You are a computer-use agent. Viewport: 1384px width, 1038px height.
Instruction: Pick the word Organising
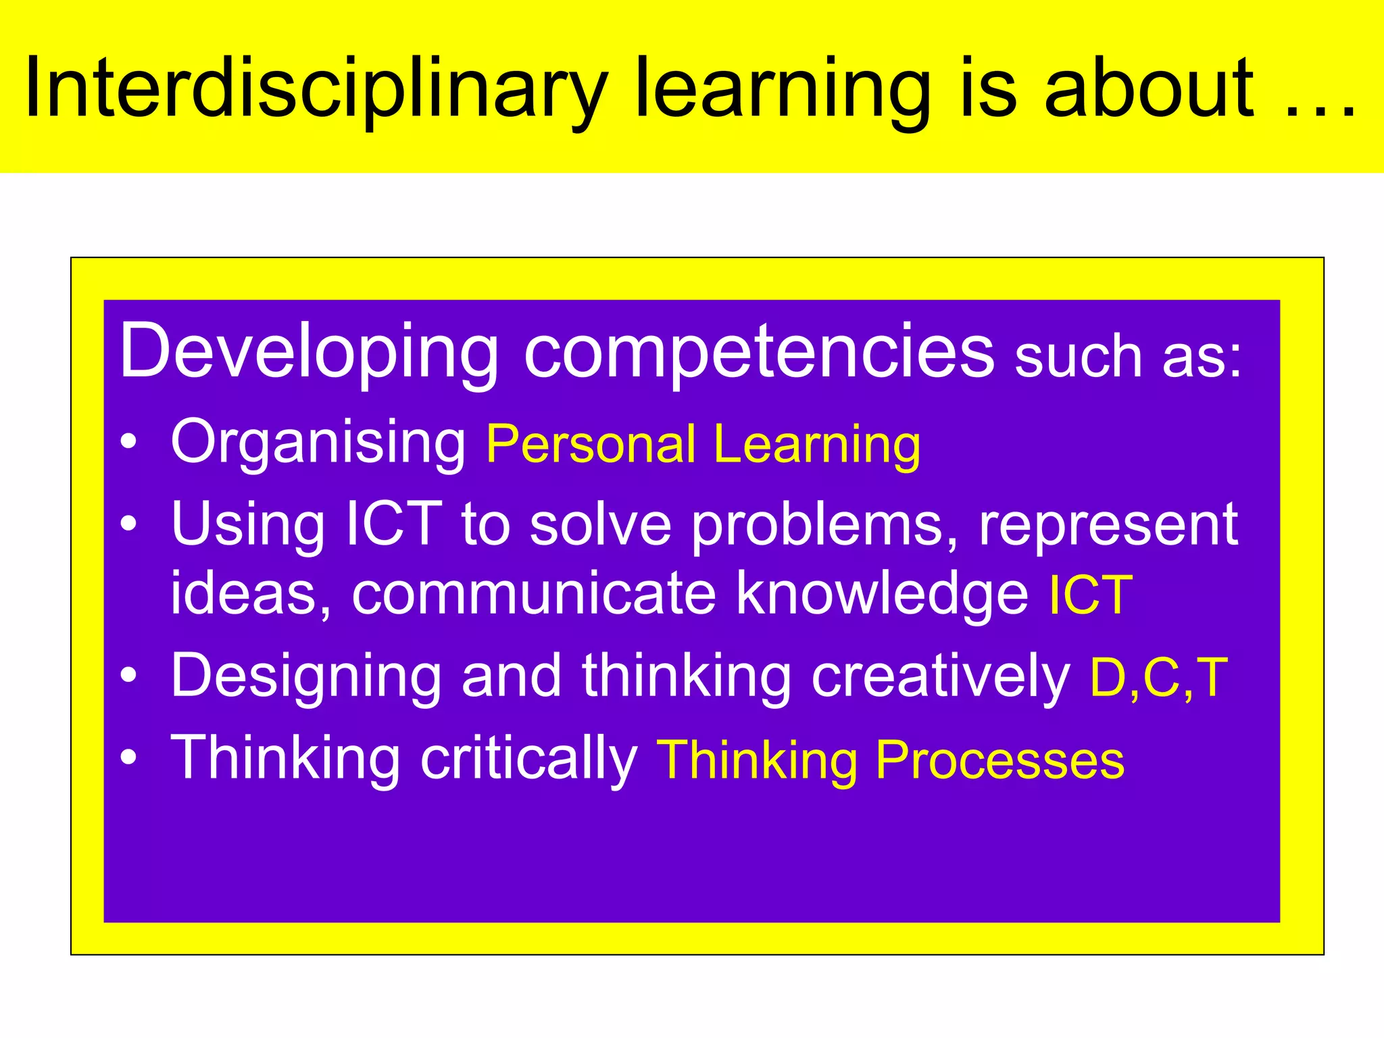[318, 443]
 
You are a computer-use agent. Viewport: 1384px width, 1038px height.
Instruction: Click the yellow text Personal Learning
[703, 445]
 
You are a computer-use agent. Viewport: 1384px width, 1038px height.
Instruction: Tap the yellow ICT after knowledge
[1090, 595]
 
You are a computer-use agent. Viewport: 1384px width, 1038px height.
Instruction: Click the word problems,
[824, 526]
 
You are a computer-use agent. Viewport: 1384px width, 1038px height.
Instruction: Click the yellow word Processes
[999, 760]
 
